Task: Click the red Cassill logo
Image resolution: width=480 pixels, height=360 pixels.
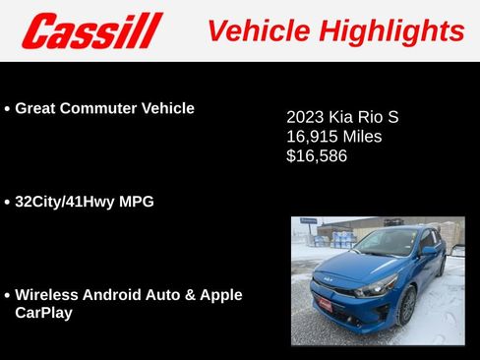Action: coord(90,31)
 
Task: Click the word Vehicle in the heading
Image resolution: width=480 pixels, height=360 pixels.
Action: coord(256,30)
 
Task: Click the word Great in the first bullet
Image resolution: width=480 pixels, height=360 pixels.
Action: coord(36,108)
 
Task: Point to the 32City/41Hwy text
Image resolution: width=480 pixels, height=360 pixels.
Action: coord(66,202)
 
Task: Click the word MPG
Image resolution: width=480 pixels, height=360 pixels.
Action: coord(137,202)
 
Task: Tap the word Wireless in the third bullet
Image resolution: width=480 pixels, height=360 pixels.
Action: coord(47,294)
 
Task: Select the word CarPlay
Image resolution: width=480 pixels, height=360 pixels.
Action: coord(43,312)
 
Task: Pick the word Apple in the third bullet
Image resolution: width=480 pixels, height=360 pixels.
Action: coord(221,294)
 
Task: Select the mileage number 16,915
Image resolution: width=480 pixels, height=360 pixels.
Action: coord(310,137)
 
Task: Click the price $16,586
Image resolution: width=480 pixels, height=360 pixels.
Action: coord(317,155)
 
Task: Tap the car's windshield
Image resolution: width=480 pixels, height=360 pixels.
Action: coord(386,243)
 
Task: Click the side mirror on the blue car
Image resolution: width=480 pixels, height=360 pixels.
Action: coord(430,251)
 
